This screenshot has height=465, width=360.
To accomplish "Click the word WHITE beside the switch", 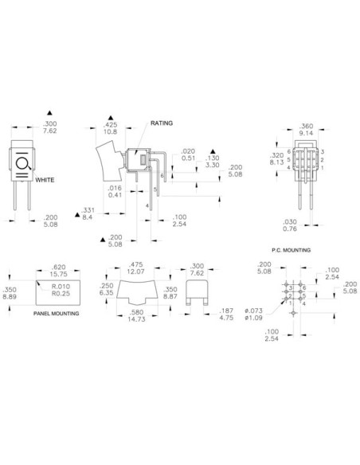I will pyautogui.click(x=45, y=181).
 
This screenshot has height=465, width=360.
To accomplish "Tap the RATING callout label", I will pyautogui.click(x=162, y=123).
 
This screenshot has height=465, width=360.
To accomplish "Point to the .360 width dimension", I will pyautogui.click(x=307, y=126).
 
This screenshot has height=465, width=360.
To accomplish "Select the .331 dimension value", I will pyautogui.click(x=88, y=209).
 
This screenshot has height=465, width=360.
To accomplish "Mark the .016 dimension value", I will pyautogui.click(x=115, y=188).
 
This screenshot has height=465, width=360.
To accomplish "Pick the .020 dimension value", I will pyautogui.click(x=187, y=151).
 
